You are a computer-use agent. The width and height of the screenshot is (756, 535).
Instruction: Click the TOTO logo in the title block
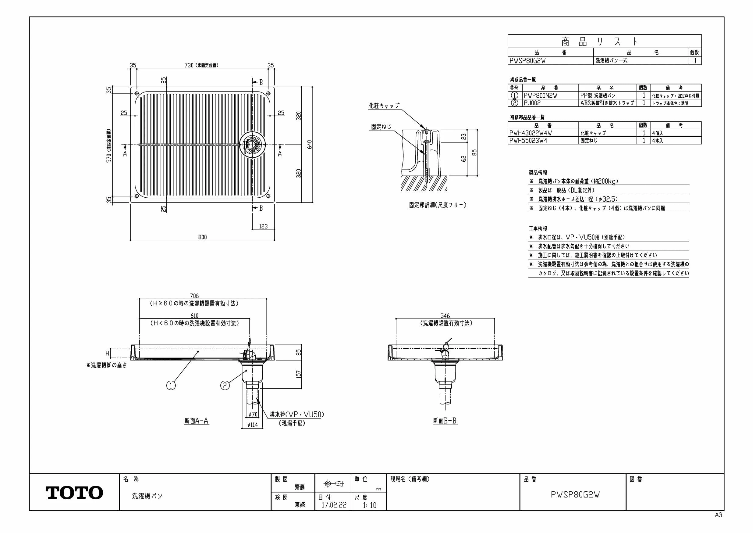tap(74, 493)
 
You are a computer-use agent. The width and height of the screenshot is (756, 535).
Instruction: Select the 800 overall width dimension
tap(203, 237)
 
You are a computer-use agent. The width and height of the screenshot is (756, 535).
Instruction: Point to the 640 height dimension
tap(310, 144)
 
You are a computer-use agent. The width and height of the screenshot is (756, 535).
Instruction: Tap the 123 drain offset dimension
tap(263, 226)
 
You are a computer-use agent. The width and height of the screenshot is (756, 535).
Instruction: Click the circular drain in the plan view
tap(252, 144)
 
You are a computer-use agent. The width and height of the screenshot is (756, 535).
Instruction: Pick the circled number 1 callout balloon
tap(171, 385)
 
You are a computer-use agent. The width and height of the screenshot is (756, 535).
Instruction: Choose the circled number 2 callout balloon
tap(225, 385)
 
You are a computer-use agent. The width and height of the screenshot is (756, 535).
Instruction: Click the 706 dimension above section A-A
tap(194, 296)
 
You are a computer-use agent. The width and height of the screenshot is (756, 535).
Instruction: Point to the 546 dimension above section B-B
tap(445, 316)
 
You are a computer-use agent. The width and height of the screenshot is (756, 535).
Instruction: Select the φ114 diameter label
tap(252, 425)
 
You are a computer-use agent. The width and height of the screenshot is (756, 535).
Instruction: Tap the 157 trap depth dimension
tap(299, 374)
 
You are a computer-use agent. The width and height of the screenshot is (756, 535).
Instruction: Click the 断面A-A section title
tap(197, 421)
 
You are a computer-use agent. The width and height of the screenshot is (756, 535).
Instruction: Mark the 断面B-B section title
tap(445, 421)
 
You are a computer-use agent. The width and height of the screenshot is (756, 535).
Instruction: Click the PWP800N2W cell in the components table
tap(541, 95)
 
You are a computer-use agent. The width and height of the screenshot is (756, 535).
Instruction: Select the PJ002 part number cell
tap(532, 103)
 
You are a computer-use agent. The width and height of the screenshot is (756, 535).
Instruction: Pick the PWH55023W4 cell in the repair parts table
tap(528, 140)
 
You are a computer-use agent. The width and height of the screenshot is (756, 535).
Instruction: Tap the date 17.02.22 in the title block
tap(334, 505)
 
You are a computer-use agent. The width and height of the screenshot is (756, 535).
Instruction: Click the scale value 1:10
tap(369, 505)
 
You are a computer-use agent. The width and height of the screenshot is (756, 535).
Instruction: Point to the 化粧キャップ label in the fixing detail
tap(384, 106)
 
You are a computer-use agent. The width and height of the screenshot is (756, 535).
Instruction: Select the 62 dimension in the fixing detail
tap(464, 159)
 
